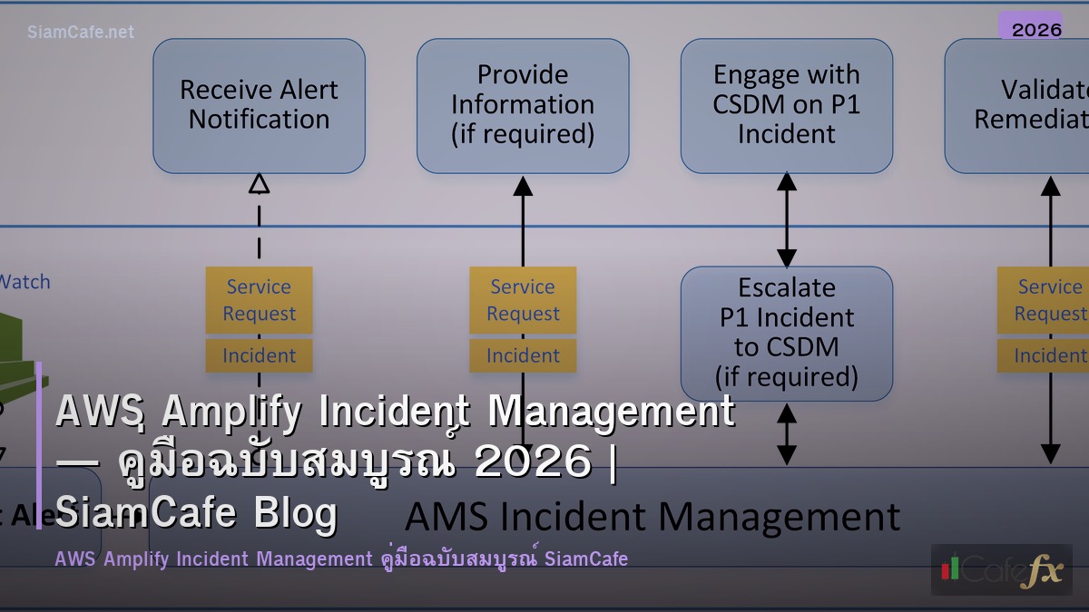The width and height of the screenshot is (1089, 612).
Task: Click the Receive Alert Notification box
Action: [259, 105]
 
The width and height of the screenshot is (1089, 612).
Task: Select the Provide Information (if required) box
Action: [523, 105]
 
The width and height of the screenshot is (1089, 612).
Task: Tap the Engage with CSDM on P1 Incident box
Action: [787, 105]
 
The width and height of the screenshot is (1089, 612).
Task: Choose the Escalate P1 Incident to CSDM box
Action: [787, 333]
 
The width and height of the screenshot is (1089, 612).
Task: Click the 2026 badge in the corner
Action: [1036, 29]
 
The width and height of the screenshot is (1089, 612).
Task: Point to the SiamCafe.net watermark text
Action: [81, 32]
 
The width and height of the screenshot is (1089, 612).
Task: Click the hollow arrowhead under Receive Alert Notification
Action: [260, 184]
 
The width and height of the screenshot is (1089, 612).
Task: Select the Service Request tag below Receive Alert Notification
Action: [260, 300]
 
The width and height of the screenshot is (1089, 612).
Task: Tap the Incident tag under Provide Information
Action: [523, 355]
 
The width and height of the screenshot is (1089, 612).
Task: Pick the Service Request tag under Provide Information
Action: [523, 300]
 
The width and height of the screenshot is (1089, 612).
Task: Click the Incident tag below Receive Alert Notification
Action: [260, 355]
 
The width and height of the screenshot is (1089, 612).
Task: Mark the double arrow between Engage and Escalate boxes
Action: [787, 219]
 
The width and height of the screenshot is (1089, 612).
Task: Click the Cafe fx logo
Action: [1001, 569]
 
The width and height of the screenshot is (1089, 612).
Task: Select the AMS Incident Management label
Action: [652, 517]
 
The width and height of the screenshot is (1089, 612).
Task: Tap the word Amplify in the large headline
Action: [231, 413]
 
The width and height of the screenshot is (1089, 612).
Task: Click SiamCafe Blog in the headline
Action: [196, 512]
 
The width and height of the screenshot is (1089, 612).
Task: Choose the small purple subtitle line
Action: [341, 559]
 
